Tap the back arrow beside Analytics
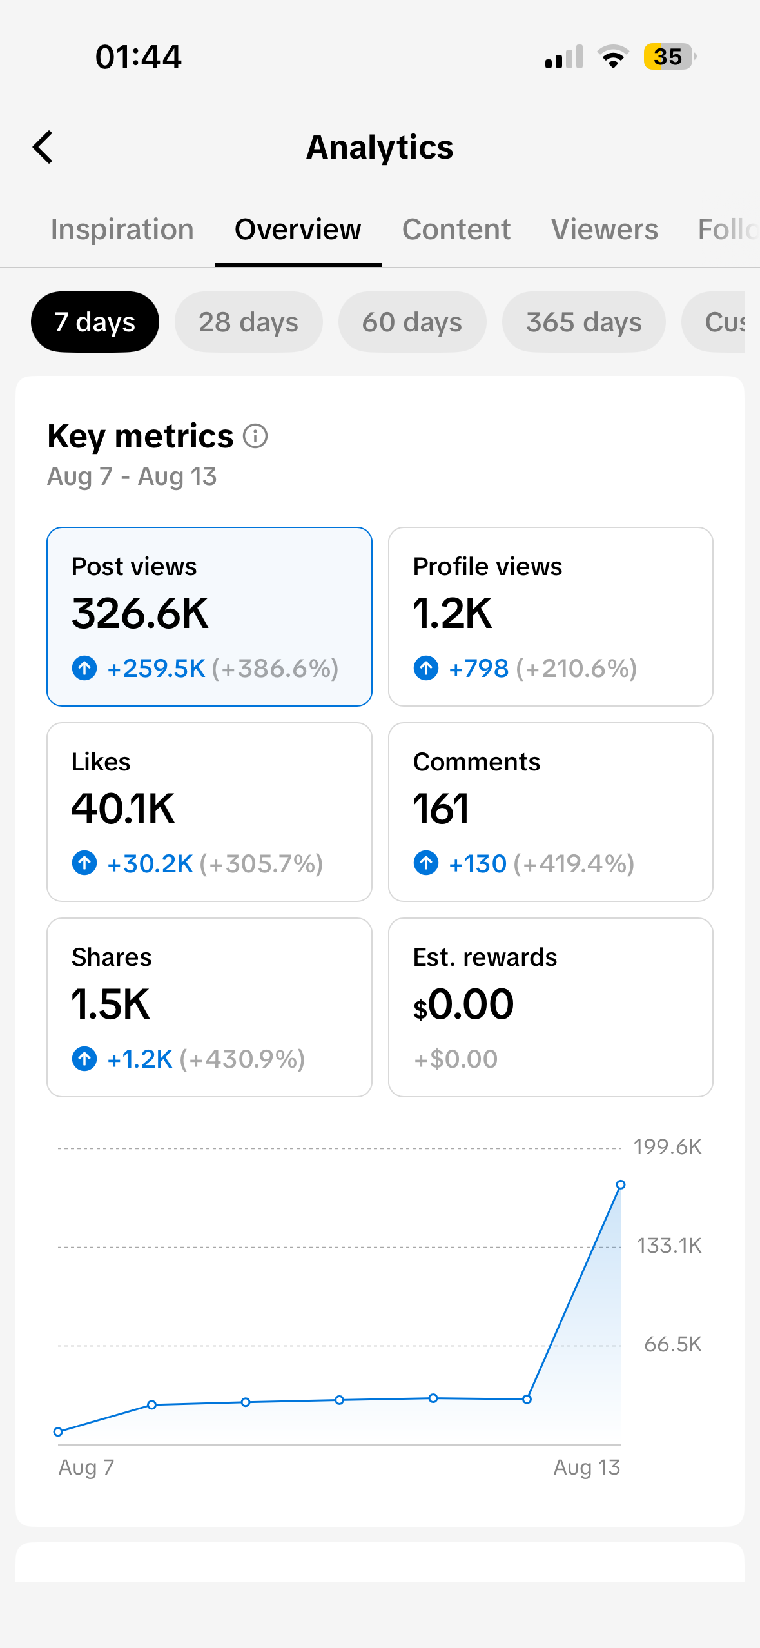click(x=43, y=147)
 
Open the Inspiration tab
click(x=122, y=230)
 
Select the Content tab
click(x=456, y=230)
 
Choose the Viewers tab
click(x=605, y=230)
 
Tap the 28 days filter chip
click(x=248, y=322)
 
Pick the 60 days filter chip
click(x=412, y=322)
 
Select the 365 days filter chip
click(x=583, y=322)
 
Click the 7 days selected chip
click(x=95, y=322)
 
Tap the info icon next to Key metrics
click(x=255, y=437)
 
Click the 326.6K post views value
click(x=140, y=613)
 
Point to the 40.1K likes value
click(x=123, y=809)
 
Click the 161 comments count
click(x=441, y=809)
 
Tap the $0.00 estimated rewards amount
click(x=463, y=1005)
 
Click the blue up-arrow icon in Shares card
click(x=84, y=1059)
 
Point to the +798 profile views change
click(x=478, y=669)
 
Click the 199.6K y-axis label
click(x=667, y=1147)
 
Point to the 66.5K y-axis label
click(x=672, y=1344)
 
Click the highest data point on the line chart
click(x=621, y=1184)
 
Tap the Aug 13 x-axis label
click(x=587, y=1467)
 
